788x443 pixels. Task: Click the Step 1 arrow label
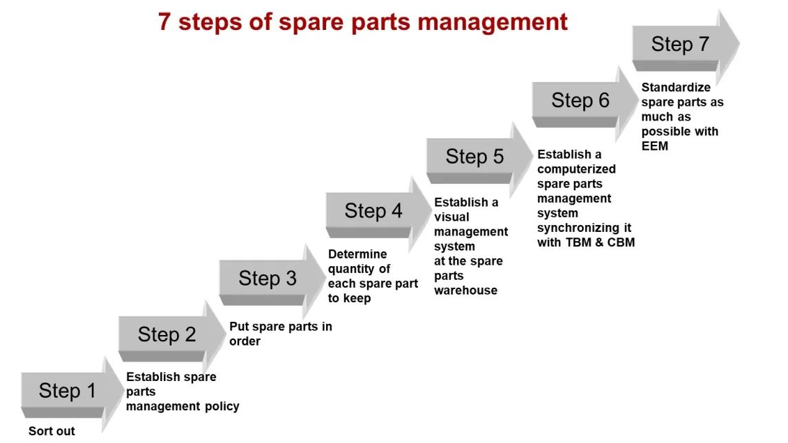click(67, 391)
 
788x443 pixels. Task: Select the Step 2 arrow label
click(167, 334)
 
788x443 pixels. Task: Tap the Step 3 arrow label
click(267, 279)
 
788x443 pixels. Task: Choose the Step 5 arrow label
click(474, 157)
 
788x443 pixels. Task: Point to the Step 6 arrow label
click(580, 101)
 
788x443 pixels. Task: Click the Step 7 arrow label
click(679, 45)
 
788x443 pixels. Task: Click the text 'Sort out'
click(52, 431)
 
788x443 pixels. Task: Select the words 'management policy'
click(183, 406)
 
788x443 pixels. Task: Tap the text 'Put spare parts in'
click(280, 326)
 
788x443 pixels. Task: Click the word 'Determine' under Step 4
click(357, 254)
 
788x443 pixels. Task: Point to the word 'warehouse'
click(465, 290)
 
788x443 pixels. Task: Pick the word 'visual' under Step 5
click(451, 217)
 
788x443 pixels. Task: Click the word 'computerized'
click(576, 169)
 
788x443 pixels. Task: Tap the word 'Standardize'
click(666, 87)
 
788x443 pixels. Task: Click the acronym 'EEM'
click(654, 146)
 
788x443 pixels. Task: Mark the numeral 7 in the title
click(164, 22)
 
